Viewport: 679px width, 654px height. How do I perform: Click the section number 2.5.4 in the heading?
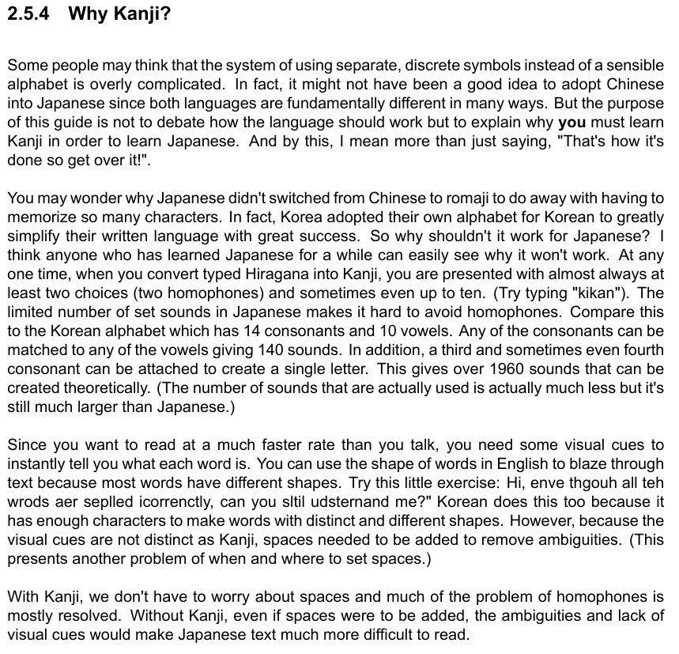click(x=30, y=15)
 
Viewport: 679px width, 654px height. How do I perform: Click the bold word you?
click(x=571, y=123)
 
